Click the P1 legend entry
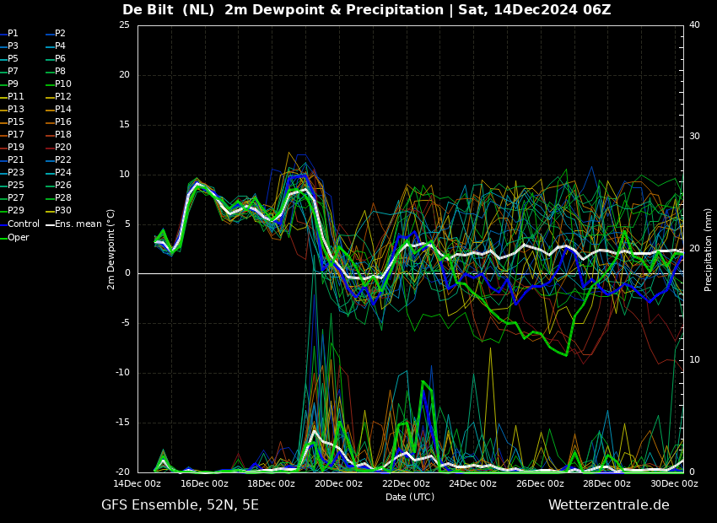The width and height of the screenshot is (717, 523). point(9,34)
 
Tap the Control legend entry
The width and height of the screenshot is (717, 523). point(20,224)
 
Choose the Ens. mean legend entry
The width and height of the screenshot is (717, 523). point(74,224)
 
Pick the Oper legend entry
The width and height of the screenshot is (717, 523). point(15,237)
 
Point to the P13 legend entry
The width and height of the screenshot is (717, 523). point(13,110)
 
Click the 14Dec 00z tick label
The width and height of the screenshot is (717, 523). point(137,483)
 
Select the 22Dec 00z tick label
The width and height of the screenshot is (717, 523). point(406,483)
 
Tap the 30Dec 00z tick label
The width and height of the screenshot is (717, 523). point(675,483)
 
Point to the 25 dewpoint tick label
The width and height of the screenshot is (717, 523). point(124,24)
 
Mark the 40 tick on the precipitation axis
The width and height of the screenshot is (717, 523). point(694,24)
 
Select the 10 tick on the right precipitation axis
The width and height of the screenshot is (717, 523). point(694,360)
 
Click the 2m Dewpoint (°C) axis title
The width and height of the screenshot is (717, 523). point(111,249)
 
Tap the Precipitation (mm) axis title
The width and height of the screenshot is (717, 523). point(708,249)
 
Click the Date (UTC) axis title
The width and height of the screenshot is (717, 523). point(410,497)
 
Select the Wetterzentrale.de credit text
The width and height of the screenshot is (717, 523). point(609,505)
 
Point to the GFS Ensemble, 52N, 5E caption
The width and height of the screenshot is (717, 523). point(181,505)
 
